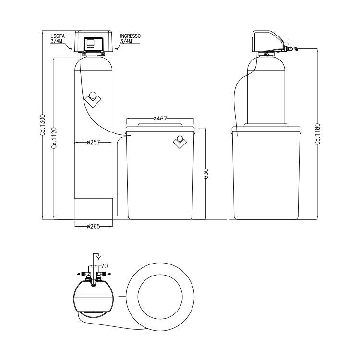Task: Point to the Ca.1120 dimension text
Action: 55,138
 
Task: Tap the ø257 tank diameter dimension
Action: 94,142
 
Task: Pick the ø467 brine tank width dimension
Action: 160,118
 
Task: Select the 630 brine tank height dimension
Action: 206,173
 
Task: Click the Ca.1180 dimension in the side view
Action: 317,134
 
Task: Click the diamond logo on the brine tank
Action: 180,142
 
